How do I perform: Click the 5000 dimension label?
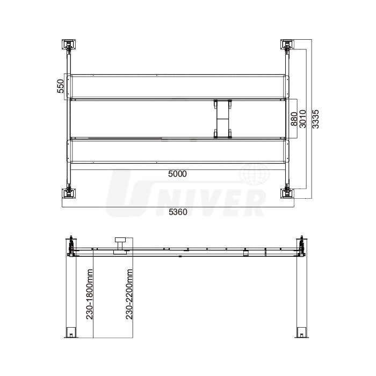[x=177, y=174]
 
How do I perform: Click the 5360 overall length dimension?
[x=178, y=212]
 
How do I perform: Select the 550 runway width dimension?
[x=61, y=86]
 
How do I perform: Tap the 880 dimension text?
[x=294, y=119]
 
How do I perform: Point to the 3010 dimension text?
[x=303, y=119]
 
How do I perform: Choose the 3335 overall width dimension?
[x=316, y=119]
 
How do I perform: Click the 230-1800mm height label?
[x=90, y=294]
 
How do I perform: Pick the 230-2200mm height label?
[x=129, y=294]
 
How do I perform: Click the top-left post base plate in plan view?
[x=69, y=45]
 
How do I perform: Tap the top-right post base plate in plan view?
[x=287, y=45]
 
